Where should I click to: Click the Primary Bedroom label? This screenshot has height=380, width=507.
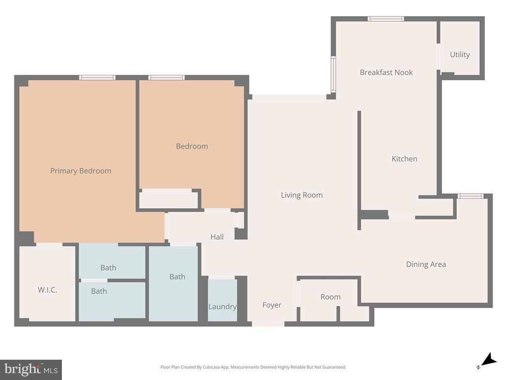81,171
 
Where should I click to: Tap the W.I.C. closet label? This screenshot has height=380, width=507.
48,290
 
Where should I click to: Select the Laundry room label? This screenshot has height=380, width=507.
222,307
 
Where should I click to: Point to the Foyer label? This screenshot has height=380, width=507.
272,305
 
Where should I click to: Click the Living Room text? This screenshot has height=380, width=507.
302,195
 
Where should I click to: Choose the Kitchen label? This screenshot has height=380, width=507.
405,159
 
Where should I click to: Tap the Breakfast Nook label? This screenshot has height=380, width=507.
386,72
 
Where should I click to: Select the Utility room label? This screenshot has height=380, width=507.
459,54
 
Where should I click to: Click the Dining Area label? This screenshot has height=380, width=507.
426,264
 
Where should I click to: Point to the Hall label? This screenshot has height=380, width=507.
217,237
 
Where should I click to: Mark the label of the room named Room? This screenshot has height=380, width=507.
330,297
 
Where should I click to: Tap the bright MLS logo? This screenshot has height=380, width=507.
31,369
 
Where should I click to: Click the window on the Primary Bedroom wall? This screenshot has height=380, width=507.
98,77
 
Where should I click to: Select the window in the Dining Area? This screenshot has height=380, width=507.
470,196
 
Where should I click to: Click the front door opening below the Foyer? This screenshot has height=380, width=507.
268,324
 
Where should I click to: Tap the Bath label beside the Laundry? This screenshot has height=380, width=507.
177,277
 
